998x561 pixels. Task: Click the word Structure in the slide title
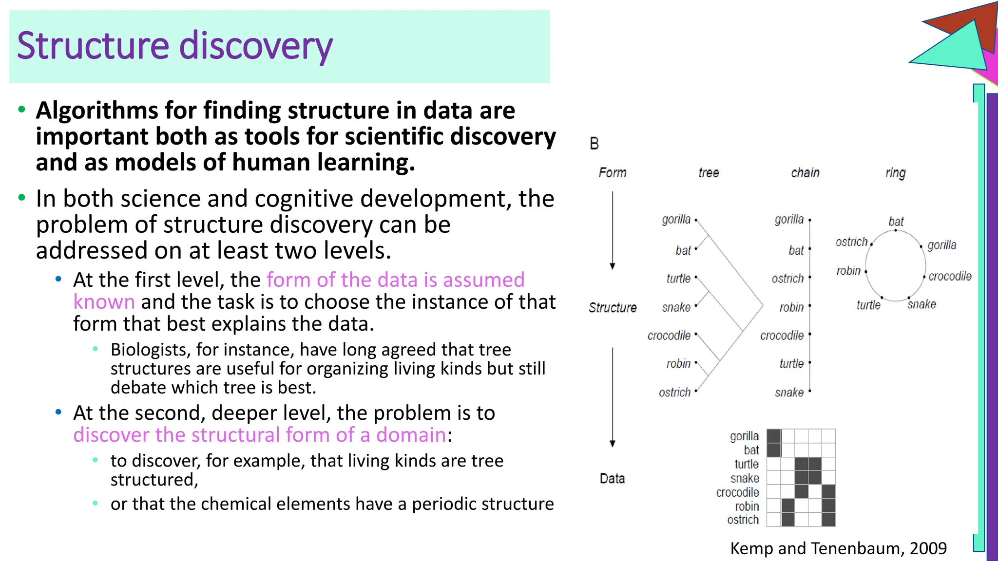(x=93, y=45)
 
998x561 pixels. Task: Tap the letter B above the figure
(x=594, y=144)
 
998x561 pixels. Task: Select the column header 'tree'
(x=709, y=173)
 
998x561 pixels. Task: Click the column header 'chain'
(x=805, y=173)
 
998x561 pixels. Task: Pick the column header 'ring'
(x=895, y=173)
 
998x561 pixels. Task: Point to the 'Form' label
(x=613, y=173)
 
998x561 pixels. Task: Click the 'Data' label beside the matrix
(x=612, y=479)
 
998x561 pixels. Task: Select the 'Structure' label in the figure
(x=613, y=308)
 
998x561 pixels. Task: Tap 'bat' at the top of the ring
(x=896, y=222)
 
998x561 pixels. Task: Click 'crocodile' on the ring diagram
(x=949, y=277)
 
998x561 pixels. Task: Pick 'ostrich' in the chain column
(x=787, y=279)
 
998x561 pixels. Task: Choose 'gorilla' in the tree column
(x=676, y=220)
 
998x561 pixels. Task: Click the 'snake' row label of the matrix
(x=745, y=479)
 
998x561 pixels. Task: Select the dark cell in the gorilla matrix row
(x=773, y=436)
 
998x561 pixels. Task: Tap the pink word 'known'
(x=104, y=302)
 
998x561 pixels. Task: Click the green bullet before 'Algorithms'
(x=21, y=110)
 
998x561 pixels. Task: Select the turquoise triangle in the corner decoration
(x=955, y=49)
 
